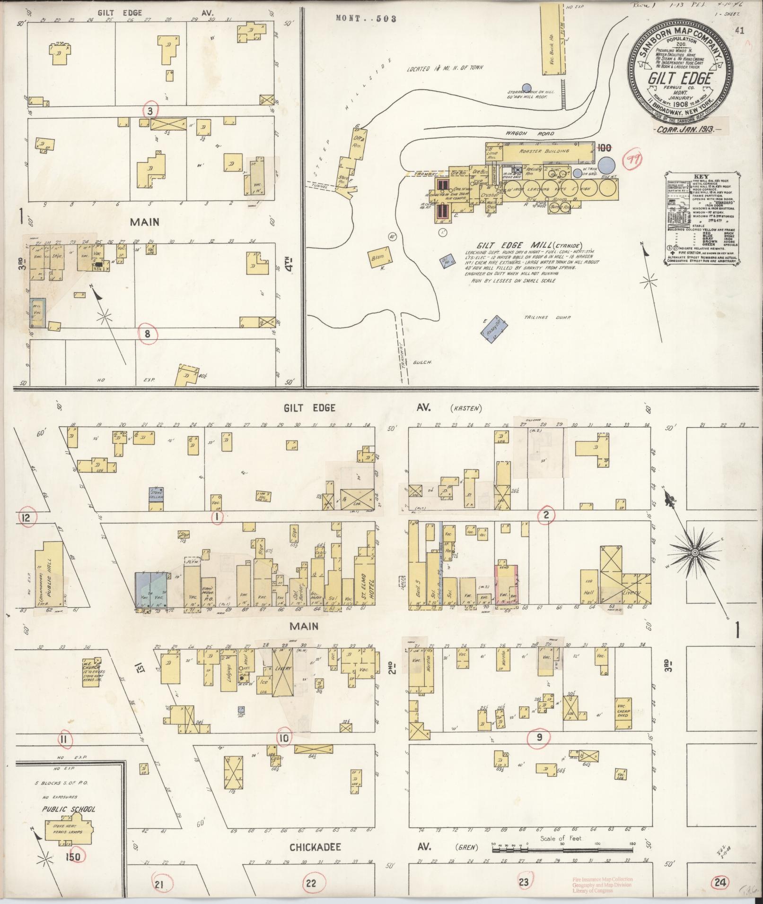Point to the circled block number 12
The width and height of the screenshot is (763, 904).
26,517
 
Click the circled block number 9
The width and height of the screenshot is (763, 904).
539,736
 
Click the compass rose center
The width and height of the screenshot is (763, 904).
695,552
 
